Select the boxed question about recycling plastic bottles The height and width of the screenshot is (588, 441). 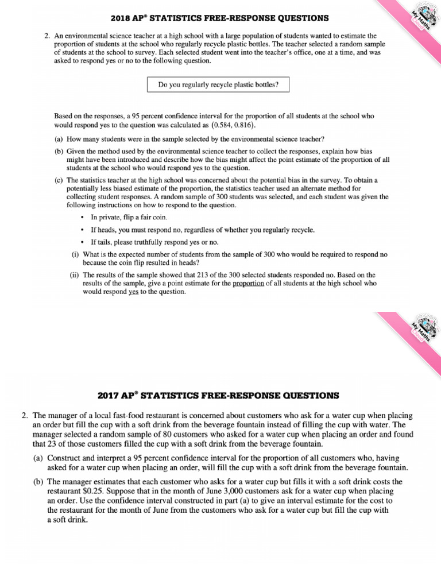[x=219, y=85]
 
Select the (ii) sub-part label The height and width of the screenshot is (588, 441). [x=75, y=275]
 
